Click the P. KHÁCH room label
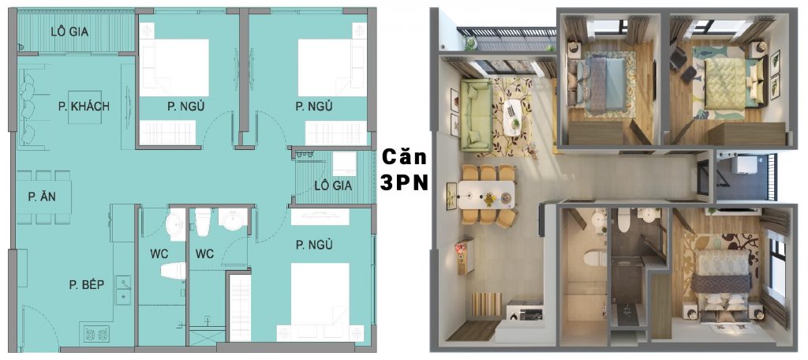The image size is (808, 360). pyautogui.click(x=84, y=107)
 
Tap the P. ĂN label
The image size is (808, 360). pyautogui.click(x=43, y=197)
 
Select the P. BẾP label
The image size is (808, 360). pyautogui.click(x=87, y=284)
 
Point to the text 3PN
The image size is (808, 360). pyautogui.click(x=405, y=183)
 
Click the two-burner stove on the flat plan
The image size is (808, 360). pyautogui.click(x=96, y=333)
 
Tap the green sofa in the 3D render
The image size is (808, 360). pyautogui.click(x=475, y=115)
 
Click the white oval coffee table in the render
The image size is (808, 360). pyautogui.click(x=513, y=118)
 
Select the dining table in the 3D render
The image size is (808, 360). pyautogui.click(x=486, y=194)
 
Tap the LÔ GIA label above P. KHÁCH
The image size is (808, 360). pyautogui.click(x=69, y=32)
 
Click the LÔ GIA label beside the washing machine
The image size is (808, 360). pyautogui.click(x=333, y=186)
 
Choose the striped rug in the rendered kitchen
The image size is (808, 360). pyautogui.click(x=486, y=304)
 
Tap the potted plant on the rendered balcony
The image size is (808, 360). pyautogui.click(x=470, y=43)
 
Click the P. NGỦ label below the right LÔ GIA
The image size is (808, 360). pyautogui.click(x=314, y=245)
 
